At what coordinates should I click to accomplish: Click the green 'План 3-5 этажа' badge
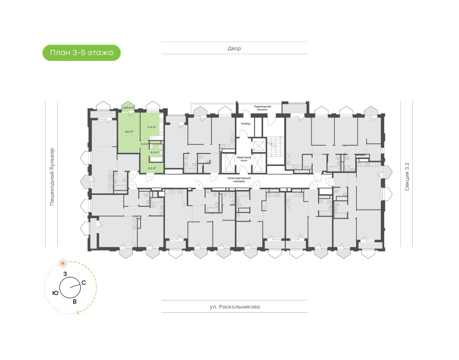(x=81, y=53)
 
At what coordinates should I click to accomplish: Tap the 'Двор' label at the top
(x=234, y=48)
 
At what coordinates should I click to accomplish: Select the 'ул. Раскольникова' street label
(x=235, y=307)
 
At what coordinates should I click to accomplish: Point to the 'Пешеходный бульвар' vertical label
(x=52, y=176)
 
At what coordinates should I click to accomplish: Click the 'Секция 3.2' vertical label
(x=407, y=176)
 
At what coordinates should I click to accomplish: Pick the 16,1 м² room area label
(x=129, y=132)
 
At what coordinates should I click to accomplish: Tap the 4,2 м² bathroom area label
(x=155, y=152)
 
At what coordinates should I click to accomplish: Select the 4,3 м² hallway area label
(x=152, y=168)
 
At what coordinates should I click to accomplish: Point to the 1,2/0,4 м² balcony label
(x=128, y=108)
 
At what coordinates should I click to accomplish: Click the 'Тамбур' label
(x=245, y=123)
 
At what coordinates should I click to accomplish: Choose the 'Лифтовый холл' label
(x=244, y=159)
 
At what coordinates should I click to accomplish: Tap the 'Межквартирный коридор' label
(x=239, y=180)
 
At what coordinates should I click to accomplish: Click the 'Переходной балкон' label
(x=262, y=108)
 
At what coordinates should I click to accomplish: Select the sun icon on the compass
(x=63, y=263)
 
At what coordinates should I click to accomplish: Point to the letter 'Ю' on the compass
(x=55, y=293)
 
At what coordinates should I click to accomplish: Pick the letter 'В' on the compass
(x=75, y=302)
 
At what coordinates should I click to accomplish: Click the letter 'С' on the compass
(x=84, y=283)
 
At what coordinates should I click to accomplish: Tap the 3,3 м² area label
(x=145, y=144)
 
